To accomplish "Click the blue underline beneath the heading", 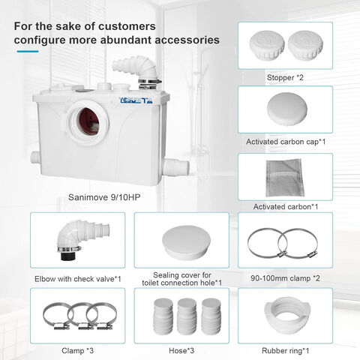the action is pos(28,52).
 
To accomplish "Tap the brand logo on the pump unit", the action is pos(136,100).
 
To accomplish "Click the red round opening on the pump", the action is pos(88,121).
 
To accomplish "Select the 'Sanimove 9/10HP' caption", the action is pos(104,197).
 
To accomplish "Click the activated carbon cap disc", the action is pos(286,109).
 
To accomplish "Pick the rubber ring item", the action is pos(287,316).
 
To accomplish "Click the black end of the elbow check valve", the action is pos(67,256).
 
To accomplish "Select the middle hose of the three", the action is pos(187,316).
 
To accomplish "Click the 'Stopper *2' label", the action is pos(285,77).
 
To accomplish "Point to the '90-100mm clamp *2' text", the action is pos(285,278).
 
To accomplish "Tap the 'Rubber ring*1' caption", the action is pos(285,351).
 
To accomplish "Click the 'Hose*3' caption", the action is pos(181,351).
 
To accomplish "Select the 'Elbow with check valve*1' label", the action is pos(78,279).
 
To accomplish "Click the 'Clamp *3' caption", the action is pos(77,351).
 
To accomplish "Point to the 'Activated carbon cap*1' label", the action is pos(286,142).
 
